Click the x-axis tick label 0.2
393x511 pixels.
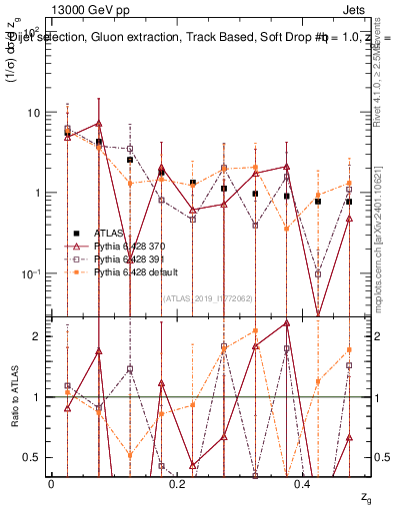177,482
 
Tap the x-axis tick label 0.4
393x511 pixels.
304,482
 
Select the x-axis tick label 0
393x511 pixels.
51,482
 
